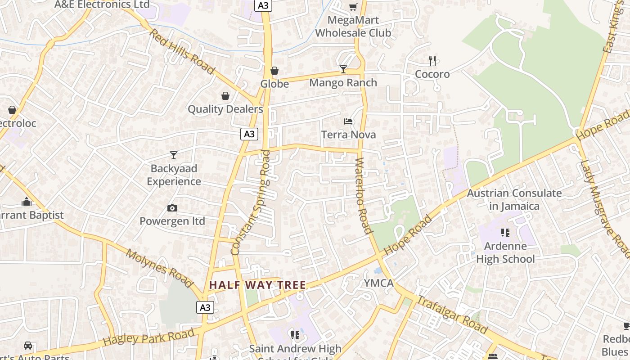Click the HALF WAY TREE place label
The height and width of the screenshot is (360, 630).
257,285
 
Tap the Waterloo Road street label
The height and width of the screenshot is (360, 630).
364,196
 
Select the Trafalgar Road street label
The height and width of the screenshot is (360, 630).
452,315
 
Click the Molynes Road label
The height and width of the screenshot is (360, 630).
159,268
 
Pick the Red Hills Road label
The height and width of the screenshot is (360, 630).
182,51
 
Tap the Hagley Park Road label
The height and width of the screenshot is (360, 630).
149,337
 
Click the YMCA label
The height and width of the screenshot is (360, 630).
378,283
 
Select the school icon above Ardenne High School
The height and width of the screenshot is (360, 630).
505,233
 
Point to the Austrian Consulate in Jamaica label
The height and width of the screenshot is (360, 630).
514,200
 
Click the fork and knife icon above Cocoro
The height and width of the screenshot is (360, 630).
432,61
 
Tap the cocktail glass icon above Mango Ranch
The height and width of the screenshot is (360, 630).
343,69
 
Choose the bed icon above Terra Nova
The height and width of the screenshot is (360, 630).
348,121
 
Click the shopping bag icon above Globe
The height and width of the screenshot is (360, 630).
274,71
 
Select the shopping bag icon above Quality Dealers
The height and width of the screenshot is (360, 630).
225,96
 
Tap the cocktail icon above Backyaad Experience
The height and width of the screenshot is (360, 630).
174,155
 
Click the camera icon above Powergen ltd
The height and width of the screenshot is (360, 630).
172,208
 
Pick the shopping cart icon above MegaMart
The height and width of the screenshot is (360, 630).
353,7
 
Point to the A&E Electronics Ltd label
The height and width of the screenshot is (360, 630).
102,4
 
